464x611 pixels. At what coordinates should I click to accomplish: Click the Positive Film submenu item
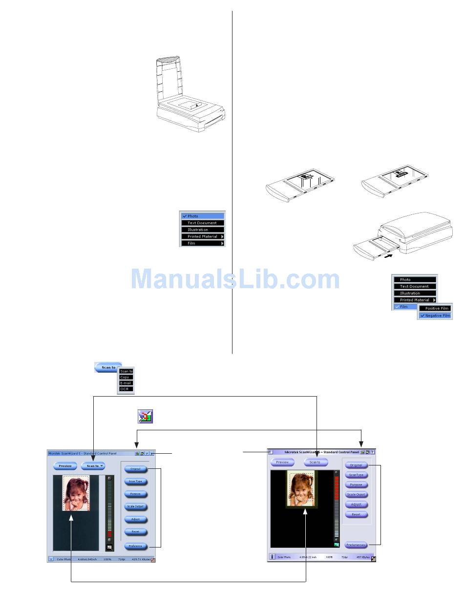click(436, 308)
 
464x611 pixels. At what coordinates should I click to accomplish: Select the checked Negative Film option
click(436, 316)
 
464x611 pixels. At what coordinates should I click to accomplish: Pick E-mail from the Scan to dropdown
click(126, 383)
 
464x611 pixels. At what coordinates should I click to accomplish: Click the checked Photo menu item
click(202, 216)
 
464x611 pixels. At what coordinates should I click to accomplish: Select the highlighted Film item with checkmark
click(404, 307)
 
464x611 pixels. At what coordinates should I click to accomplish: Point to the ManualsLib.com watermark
click(234, 279)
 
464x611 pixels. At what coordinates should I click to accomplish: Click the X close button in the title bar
click(152, 454)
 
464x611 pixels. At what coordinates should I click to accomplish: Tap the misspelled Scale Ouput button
click(356, 495)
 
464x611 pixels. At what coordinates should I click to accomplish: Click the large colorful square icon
click(145, 416)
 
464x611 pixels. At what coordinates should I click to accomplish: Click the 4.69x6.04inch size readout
click(87, 559)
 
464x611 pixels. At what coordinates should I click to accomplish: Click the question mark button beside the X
click(147, 454)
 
